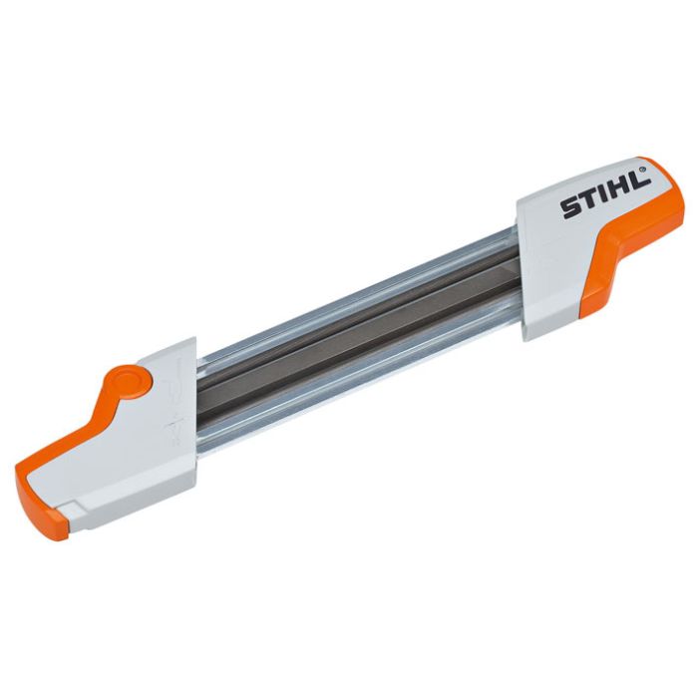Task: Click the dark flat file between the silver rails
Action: (x=359, y=334)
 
